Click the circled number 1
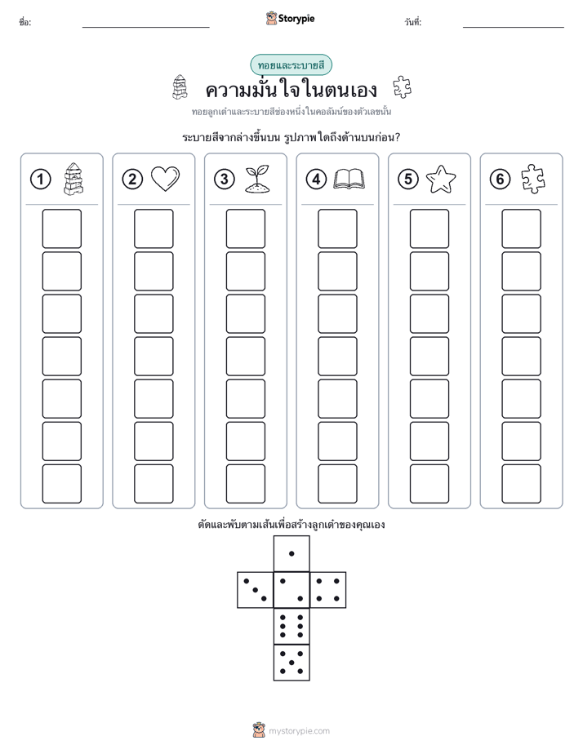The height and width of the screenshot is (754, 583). (x=40, y=180)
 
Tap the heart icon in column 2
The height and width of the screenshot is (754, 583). (x=166, y=179)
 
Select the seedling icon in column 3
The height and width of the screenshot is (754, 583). (x=257, y=180)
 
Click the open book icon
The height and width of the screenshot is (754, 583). (x=349, y=179)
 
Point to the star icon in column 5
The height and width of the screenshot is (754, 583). (x=441, y=179)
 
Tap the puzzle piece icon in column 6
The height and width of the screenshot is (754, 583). (x=533, y=179)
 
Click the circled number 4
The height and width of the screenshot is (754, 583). (x=316, y=180)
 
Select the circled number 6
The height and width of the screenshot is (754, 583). (x=500, y=180)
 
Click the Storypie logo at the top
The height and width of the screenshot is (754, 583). (x=290, y=18)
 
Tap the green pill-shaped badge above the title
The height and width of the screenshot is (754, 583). (x=291, y=65)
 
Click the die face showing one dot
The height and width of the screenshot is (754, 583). (x=291, y=553)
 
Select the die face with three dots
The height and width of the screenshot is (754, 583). (x=256, y=589)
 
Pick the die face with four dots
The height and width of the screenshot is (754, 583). (x=328, y=589)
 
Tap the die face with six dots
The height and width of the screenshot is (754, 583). (x=291, y=626)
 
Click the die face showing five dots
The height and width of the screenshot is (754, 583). (x=291, y=663)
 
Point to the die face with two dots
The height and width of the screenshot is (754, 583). (x=291, y=589)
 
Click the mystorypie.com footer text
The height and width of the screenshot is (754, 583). (x=299, y=731)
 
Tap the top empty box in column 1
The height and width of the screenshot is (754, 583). (x=61, y=228)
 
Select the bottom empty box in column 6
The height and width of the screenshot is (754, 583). (x=522, y=484)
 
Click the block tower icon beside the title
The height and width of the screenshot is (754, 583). (x=180, y=87)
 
